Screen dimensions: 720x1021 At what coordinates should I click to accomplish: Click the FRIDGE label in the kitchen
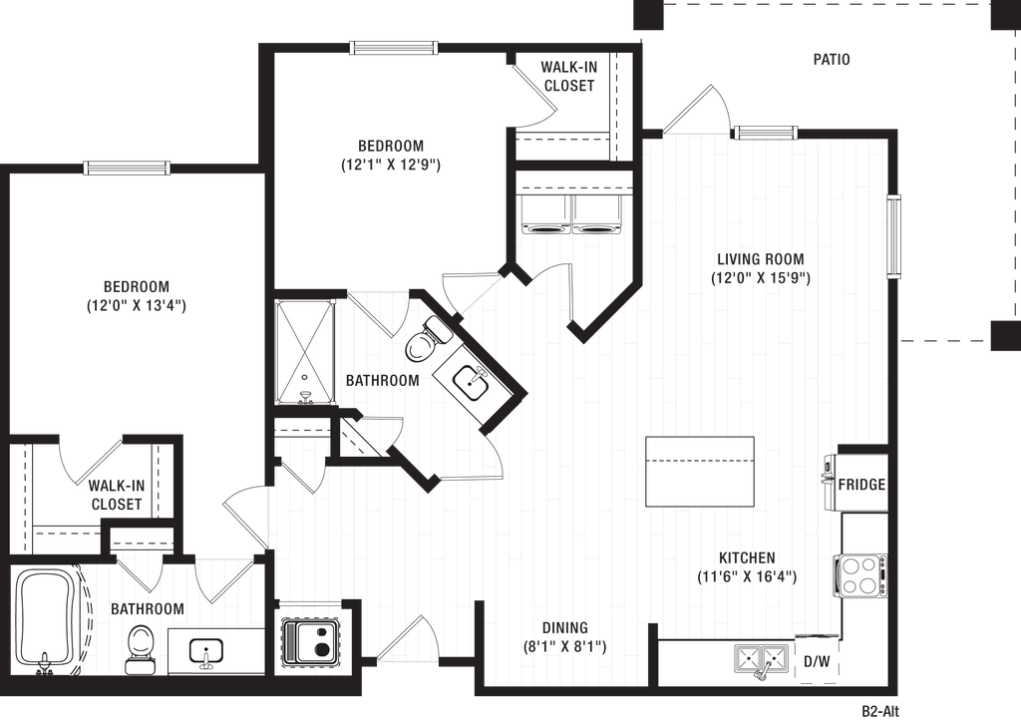click(861, 485)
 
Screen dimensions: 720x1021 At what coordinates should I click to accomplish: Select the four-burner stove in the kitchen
click(861, 574)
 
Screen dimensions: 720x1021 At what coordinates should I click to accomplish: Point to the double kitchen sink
click(761, 658)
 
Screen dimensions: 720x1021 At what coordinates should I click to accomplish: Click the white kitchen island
click(699, 471)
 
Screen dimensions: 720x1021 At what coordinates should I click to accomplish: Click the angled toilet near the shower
click(425, 339)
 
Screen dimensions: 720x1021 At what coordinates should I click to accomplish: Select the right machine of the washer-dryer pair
click(596, 213)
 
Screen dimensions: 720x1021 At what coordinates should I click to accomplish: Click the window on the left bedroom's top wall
click(126, 167)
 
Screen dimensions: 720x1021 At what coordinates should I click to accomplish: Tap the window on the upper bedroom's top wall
click(392, 47)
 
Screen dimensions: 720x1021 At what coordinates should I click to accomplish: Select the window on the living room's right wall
click(896, 235)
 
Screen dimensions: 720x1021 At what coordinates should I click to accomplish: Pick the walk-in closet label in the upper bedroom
click(568, 76)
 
